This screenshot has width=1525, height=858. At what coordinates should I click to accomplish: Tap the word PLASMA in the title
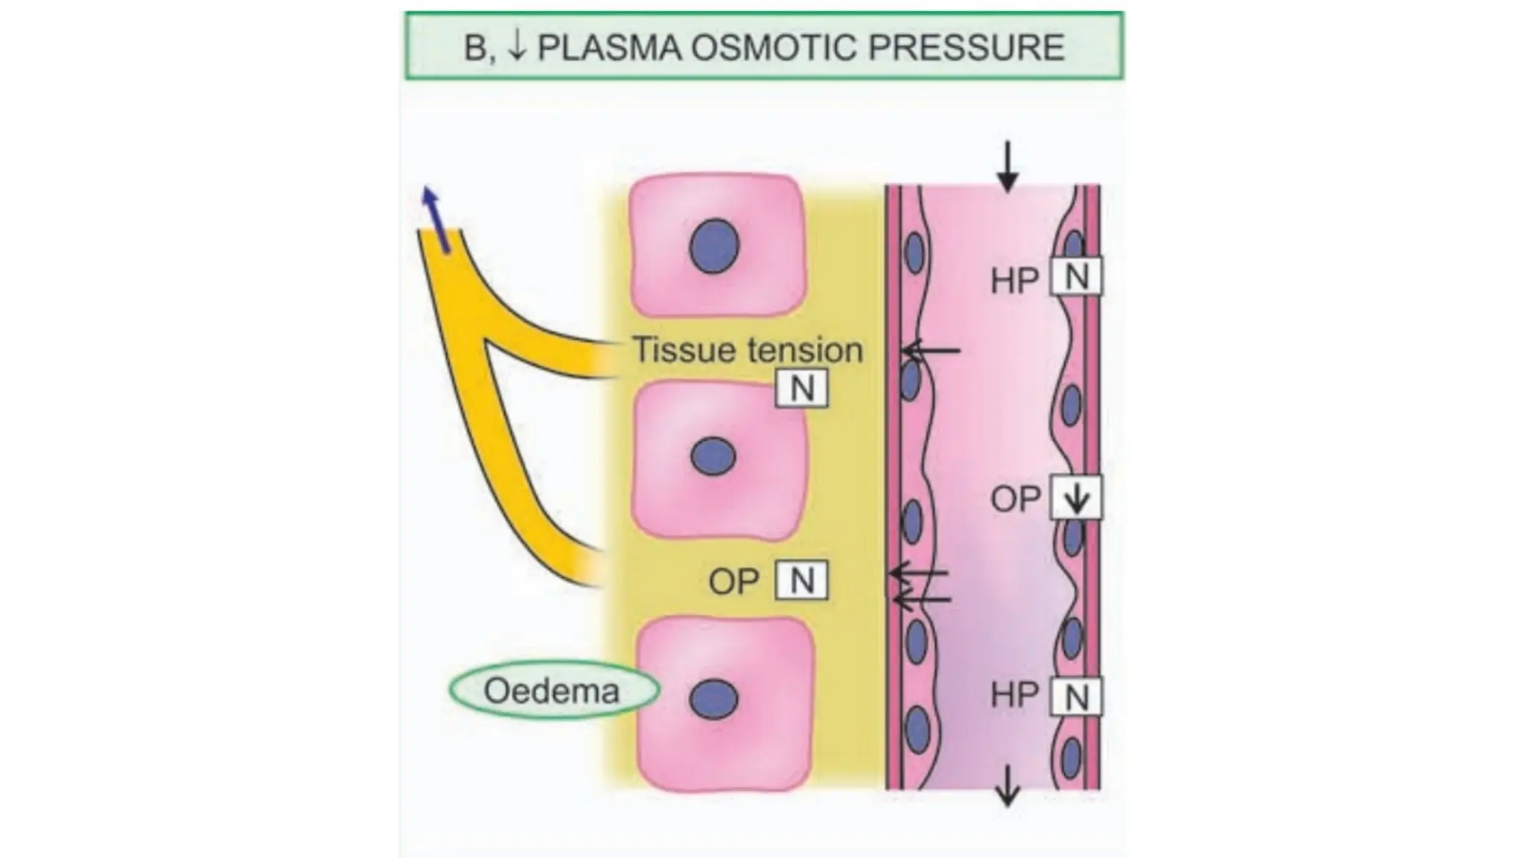coord(608,48)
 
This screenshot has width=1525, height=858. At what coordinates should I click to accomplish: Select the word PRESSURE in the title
coord(967,48)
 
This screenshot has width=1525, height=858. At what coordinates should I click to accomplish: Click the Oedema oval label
coord(553,690)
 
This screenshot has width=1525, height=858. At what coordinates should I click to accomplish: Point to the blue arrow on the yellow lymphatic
coord(436,220)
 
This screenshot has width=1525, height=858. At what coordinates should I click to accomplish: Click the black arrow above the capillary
coord(1007,166)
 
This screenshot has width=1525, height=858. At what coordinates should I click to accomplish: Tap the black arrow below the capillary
coord(1007,785)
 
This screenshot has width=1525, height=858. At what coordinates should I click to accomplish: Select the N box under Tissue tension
coord(801,388)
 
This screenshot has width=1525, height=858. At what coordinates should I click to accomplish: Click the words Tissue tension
coord(748,349)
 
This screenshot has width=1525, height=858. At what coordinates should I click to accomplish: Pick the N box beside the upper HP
coord(1076,277)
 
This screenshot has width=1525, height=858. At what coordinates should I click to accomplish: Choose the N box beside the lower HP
coord(1076,697)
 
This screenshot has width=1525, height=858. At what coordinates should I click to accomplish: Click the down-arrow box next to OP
coord(1076,498)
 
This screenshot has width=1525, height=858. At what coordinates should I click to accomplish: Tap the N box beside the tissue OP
coord(801,580)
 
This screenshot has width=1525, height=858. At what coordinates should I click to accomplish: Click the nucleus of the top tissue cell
coord(714,246)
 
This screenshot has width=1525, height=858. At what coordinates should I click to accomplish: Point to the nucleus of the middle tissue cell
coord(713,456)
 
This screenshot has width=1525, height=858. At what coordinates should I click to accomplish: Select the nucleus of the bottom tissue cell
coord(713,699)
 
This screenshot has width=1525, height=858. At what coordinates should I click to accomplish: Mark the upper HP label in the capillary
coord(1014,281)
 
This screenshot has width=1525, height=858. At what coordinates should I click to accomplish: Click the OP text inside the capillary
coord(1015,498)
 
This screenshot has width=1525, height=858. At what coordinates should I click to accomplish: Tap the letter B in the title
coord(475,48)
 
